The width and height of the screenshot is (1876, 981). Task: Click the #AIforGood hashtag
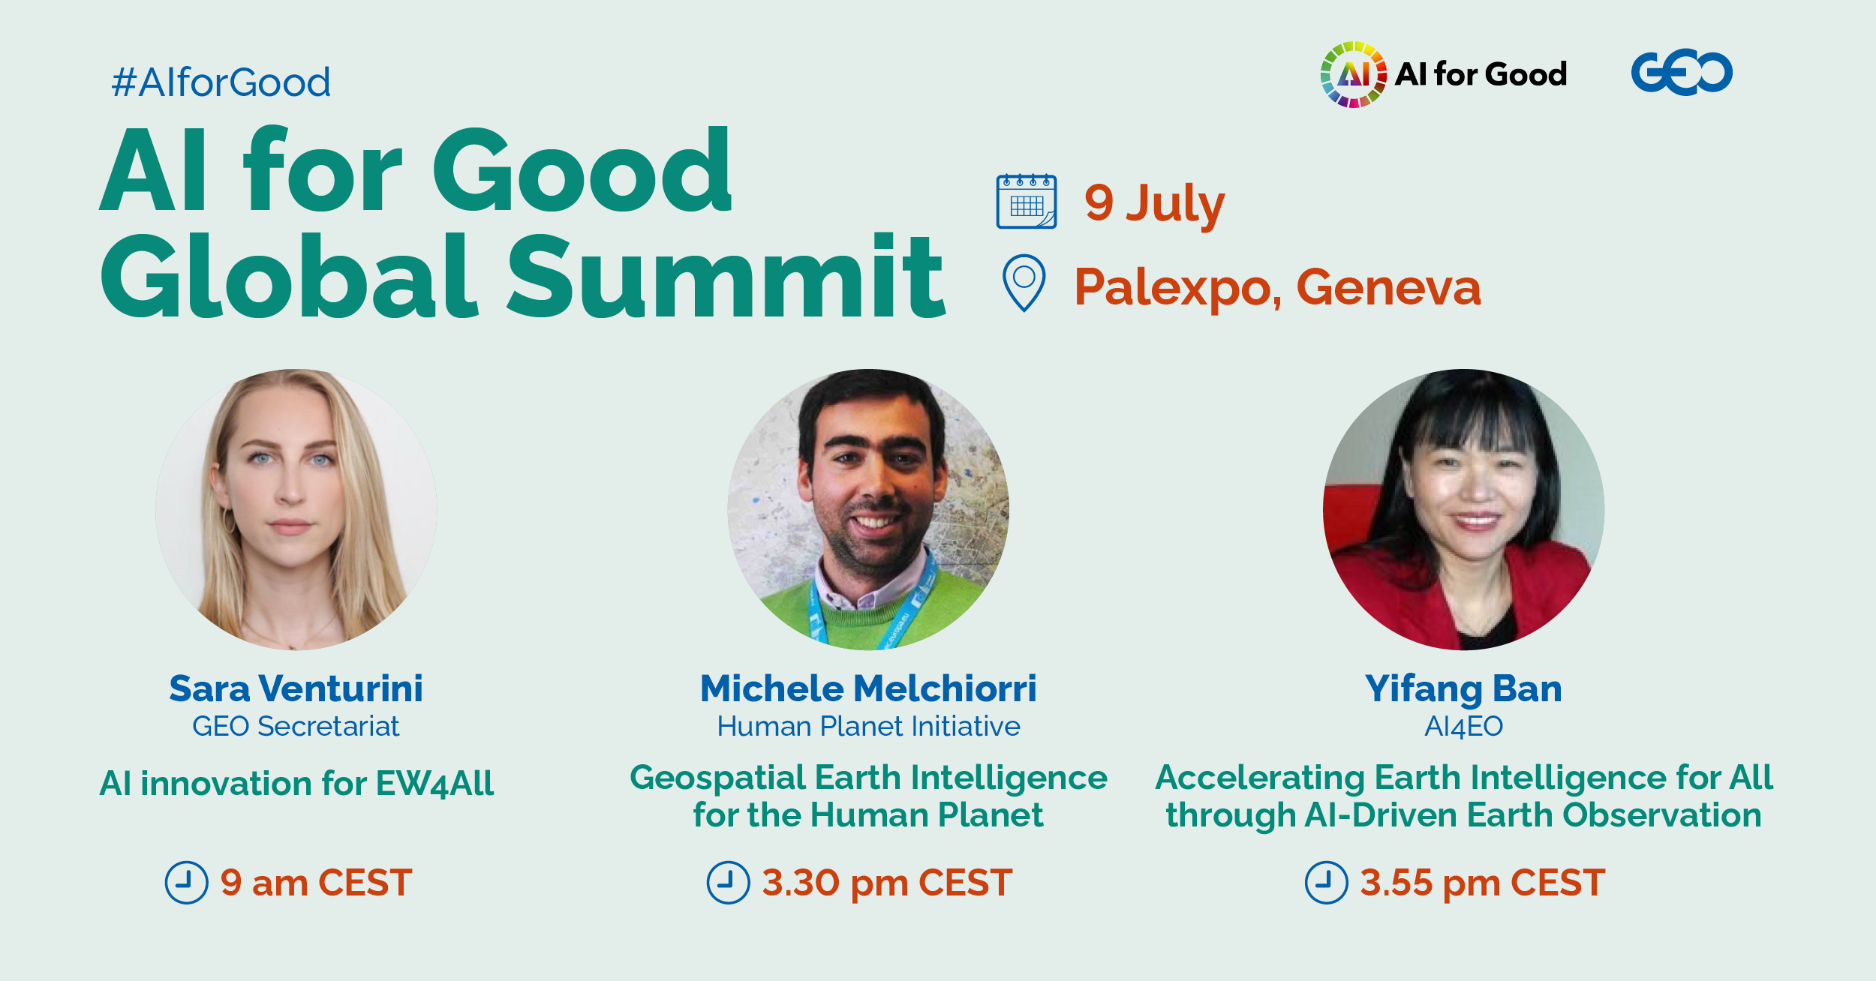tap(221, 82)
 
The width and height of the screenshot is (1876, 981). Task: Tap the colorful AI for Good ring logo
tap(1353, 74)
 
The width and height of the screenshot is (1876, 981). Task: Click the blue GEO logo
tap(1681, 72)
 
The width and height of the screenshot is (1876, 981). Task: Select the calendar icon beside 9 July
tap(1026, 201)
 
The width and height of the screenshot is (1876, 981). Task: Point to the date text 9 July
tap(1153, 203)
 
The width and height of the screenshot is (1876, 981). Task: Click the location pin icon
tap(1024, 282)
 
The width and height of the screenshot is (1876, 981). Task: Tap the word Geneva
tap(1388, 287)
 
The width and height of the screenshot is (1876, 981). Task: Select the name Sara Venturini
tap(296, 688)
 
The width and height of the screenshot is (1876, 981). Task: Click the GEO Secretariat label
tap(296, 726)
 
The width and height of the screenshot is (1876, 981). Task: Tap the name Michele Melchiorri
tap(868, 688)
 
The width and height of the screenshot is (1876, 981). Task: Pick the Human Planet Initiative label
tap(868, 726)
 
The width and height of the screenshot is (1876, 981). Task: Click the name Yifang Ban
tap(1463, 688)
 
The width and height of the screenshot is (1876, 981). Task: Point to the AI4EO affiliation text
tap(1463, 726)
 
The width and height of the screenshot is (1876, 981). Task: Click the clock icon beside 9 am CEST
tap(186, 882)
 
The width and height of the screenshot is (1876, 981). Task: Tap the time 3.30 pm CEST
tap(887, 882)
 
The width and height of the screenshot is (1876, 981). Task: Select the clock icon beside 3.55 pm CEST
tap(1326, 882)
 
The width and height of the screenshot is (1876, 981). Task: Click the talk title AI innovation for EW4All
tap(296, 783)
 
